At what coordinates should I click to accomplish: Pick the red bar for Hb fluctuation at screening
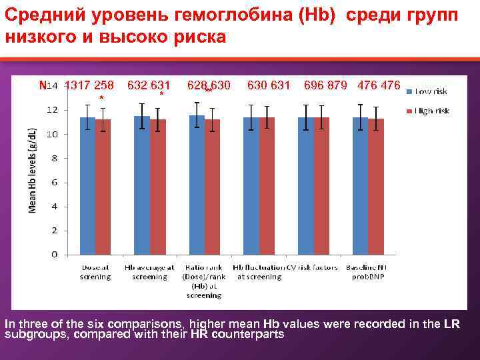[x=267, y=186]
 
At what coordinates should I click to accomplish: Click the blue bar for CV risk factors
[x=306, y=186]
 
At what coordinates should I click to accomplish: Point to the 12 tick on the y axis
[x=53, y=109]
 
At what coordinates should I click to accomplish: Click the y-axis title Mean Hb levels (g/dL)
[x=31, y=162]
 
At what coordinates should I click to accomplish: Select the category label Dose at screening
[x=95, y=272]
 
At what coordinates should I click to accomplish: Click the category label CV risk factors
[x=313, y=267]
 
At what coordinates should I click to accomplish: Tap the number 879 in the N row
[x=341, y=85]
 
